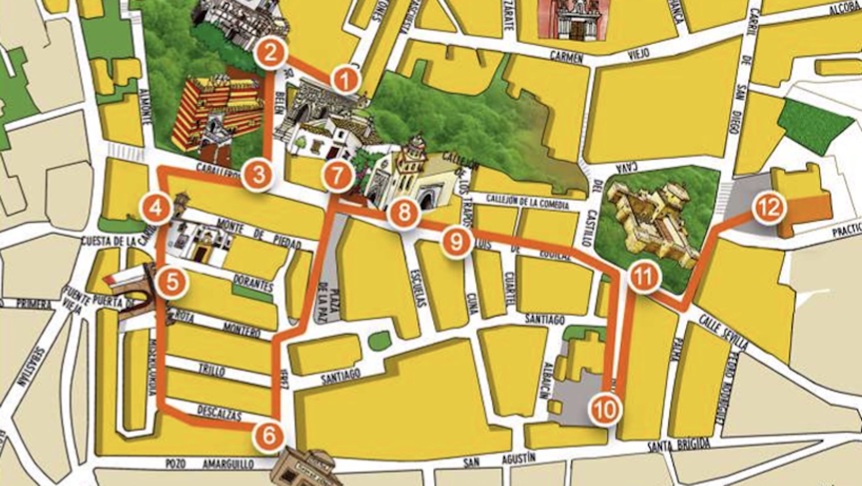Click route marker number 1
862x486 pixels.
pos(345,80)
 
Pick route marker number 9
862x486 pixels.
pos(456,242)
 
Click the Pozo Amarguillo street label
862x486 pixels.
pos(210,463)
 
